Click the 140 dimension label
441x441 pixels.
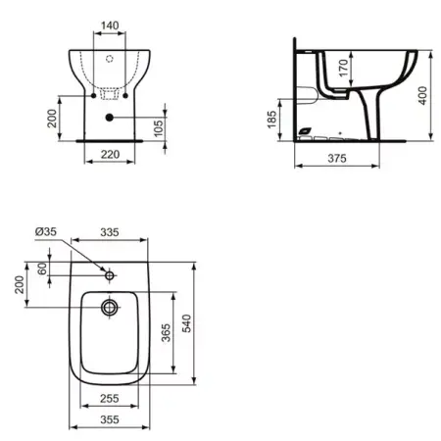click(x=110, y=25)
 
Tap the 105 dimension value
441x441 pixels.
click(x=158, y=128)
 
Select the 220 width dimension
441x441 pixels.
click(x=110, y=154)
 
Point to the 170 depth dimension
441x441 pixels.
click(x=343, y=68)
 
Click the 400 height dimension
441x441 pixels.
click(x=422, y=95)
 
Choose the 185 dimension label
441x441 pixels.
click(x=271, y=120)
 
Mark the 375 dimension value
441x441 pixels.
click(x=337, y=159)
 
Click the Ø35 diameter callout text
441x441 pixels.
click(x=46, y=231)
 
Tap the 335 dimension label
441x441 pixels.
click(x=110, y=232)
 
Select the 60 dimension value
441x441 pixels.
click(x=42, y=269)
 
